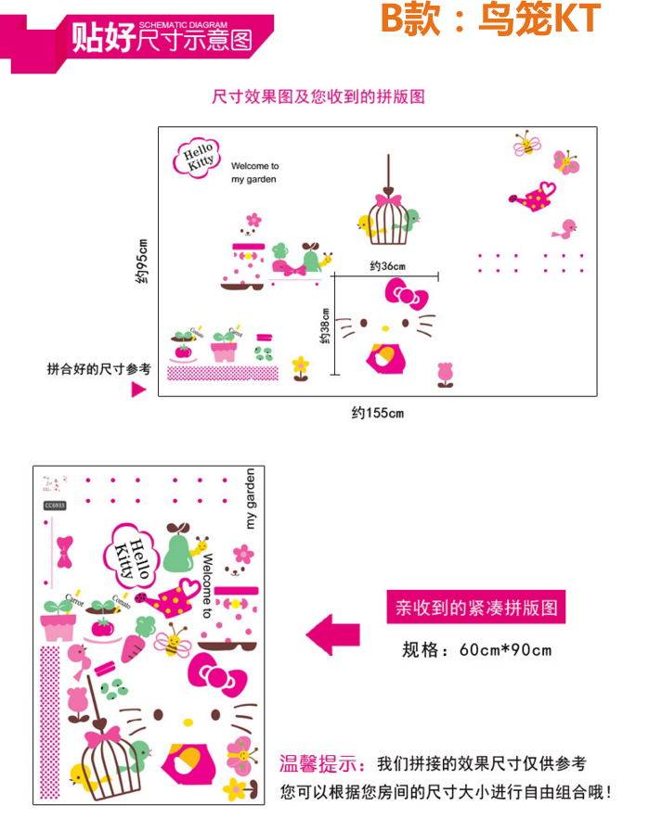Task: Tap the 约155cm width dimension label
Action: [x=378, y=413]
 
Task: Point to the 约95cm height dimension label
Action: [x=140, y=262]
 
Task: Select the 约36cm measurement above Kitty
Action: [x=386, y=266]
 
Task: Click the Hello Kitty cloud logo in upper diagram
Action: [x=196, y=156]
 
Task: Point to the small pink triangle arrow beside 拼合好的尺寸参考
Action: [x=138, y=390]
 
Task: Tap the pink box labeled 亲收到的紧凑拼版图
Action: [x=475, y=608]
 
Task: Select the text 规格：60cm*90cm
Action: [x=476, y=649]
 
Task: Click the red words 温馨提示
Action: [x=324, y=765]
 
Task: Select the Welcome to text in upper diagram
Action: [x=255, y=166]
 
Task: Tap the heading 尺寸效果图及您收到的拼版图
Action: [x=318, y=96]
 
